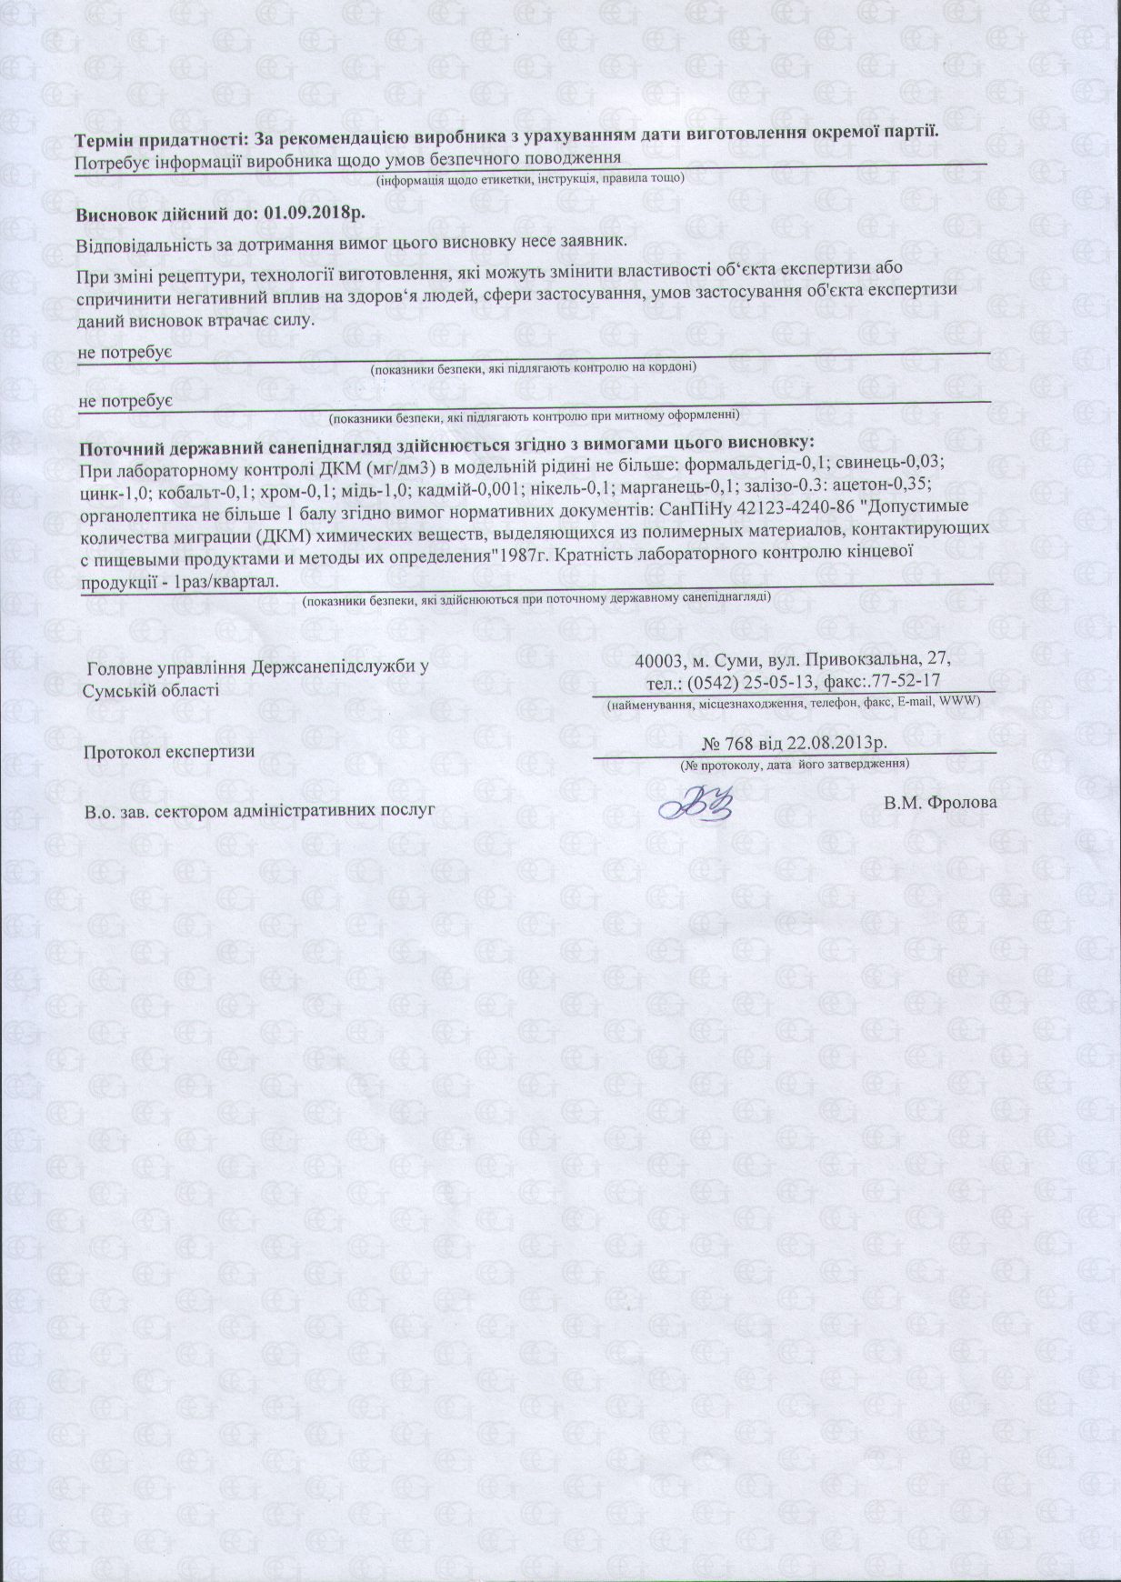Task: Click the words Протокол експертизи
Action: pyautogui.click(x=168, y=752)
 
